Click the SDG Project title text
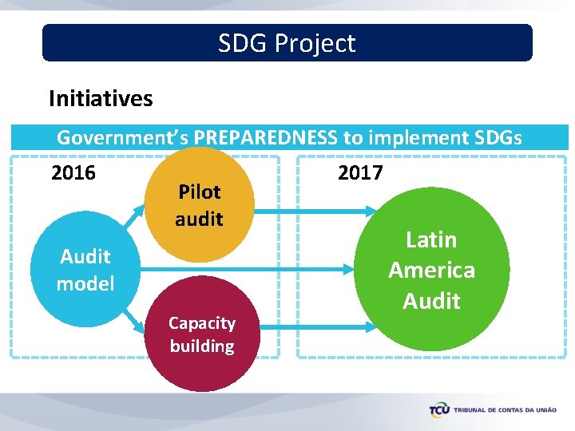tap(287, 43)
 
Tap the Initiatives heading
tap(101, 99)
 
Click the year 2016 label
tap(73, 173)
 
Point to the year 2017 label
tap(360, 173)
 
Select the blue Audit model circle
tap(85, 270)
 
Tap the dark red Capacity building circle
tap(202, 334)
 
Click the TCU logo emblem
tap(439, 410)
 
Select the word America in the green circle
tap(431, 271)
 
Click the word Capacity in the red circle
tap(202, 323)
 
